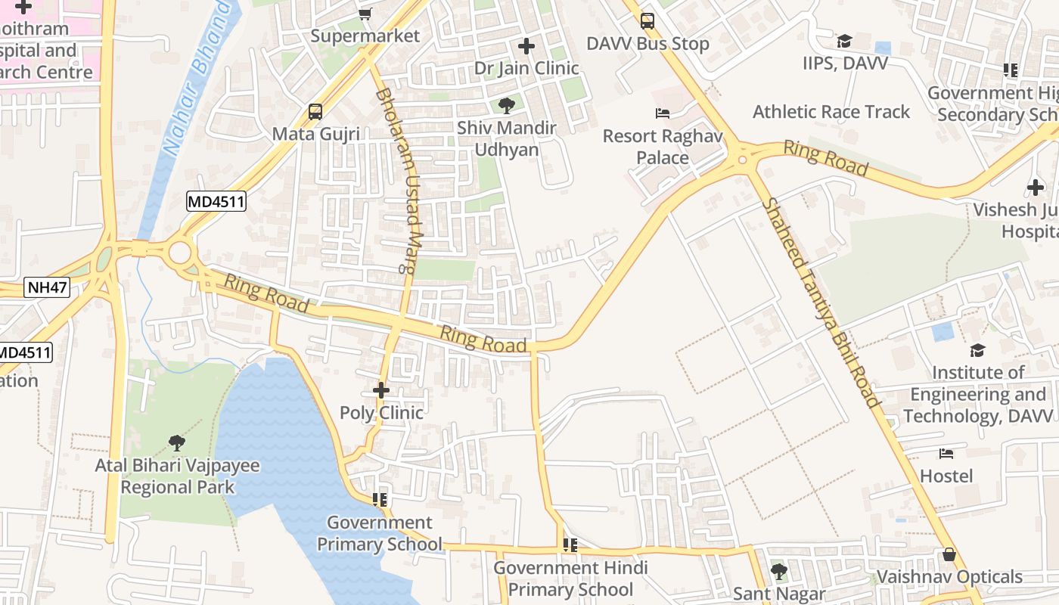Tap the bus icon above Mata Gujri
315,112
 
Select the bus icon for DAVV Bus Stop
648,20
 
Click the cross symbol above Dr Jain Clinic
526,46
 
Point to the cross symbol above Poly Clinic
381,390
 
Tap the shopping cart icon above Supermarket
365,14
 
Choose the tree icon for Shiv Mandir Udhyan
506,106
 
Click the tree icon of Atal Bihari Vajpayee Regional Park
177,442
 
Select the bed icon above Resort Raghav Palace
663,113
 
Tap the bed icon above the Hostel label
946,454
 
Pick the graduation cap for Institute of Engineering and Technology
978,350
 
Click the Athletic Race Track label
831,112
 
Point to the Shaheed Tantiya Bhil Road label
821,302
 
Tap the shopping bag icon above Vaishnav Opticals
949,555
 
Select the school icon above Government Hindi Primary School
570,545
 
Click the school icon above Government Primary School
380,500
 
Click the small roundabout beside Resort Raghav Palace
742,159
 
